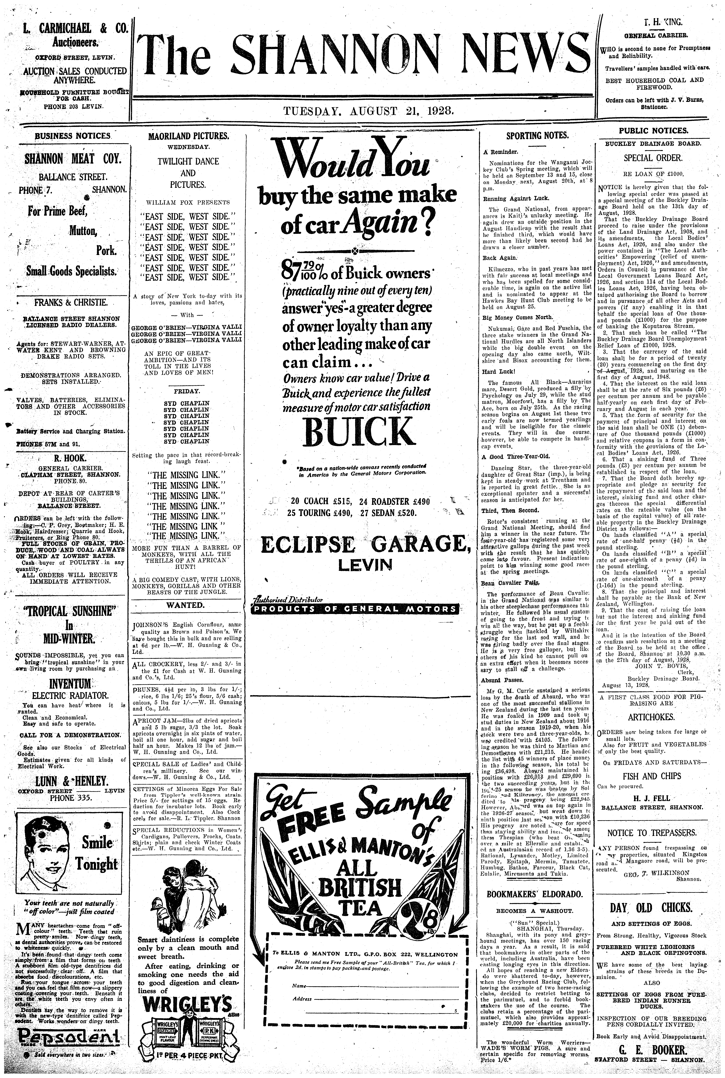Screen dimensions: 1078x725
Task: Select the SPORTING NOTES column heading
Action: [x=537, y=135]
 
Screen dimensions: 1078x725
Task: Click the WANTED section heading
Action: [x=187, y=605]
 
